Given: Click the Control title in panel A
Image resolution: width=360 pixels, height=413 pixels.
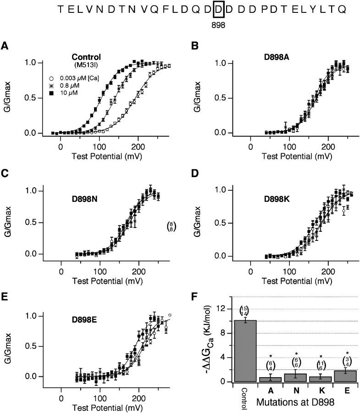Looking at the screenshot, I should pyautogui.click(x=86, y=57).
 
